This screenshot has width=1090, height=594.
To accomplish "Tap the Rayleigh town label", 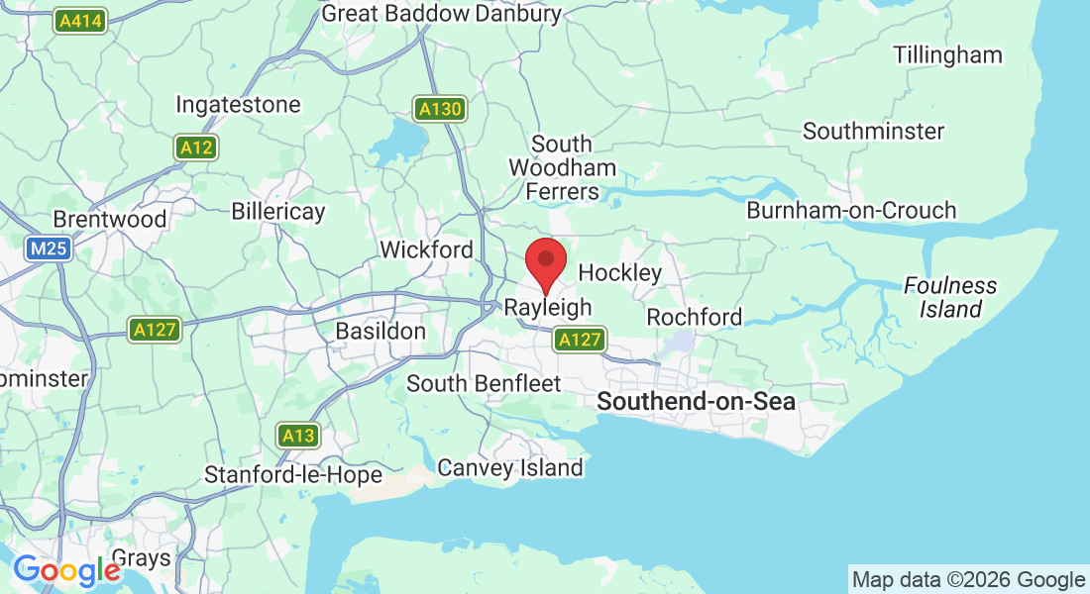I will [x=548, y=308].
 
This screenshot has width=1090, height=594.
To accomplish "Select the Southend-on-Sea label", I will [x=697, y=401].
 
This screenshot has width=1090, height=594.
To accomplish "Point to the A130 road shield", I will [x=439, y=109].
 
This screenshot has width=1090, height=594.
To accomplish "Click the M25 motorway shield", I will [x=49, y=248].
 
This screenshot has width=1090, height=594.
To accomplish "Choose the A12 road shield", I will [x=197, y=148].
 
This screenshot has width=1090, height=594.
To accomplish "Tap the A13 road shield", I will [x=298, y=435].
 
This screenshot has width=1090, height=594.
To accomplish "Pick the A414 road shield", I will [x=81, y=20].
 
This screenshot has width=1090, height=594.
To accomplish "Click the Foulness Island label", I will [x=950, y=297].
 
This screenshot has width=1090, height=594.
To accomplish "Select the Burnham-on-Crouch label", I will [x=851, y=210].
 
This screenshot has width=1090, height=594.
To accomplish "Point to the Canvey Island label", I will [x=510, y=467].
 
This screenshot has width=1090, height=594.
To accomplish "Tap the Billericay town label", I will [x=278, y=212].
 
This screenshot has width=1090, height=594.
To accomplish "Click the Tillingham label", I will [x=947, y=55].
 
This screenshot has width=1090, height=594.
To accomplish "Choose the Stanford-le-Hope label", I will [x=293, y=475].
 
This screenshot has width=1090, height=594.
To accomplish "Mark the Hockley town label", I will [x=619, y=272].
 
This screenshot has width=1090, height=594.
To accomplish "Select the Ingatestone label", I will [x=238, y=104].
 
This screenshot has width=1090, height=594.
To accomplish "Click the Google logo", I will [x=66, y=571].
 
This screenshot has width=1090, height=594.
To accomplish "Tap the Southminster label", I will [x=874, y=131].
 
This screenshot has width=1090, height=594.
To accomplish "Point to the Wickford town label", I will [x=427, y=249].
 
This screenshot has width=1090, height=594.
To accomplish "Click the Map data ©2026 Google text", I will [x=969, y=580].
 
